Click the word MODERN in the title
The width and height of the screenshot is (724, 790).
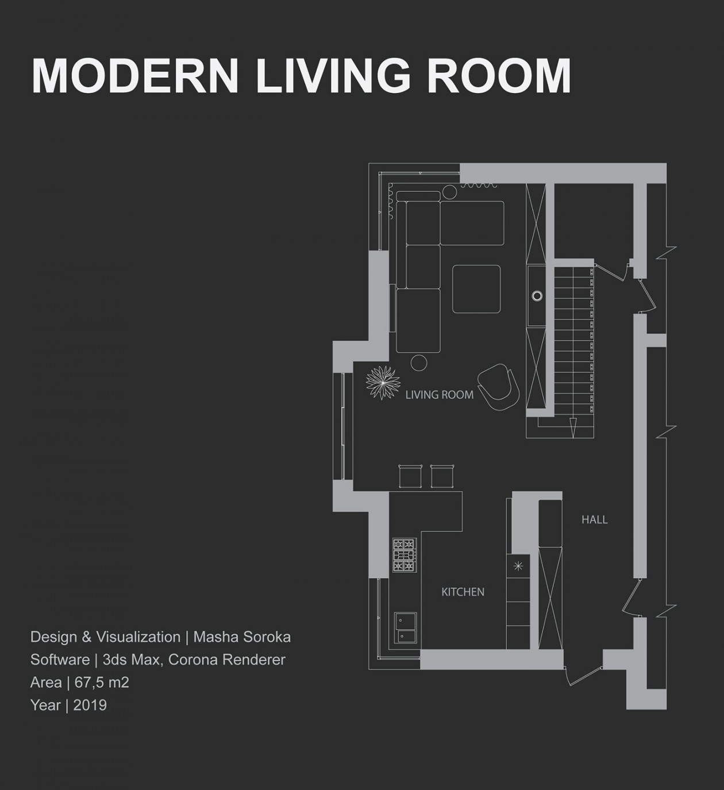135,76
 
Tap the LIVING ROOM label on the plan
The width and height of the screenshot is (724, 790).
440,395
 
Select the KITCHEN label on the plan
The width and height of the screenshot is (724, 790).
463,592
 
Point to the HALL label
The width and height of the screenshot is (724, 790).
594,520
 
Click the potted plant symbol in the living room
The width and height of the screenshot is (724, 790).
383,383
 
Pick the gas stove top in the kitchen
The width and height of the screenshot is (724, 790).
405,555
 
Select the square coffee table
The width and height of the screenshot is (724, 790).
476,289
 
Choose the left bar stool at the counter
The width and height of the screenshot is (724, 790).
411,476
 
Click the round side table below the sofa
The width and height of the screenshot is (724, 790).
419,363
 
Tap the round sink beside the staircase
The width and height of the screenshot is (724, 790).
537,295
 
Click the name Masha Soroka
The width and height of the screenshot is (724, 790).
242,637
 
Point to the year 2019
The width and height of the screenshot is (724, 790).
90,706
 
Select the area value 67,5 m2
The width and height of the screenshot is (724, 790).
102,683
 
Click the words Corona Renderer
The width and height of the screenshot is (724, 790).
227,660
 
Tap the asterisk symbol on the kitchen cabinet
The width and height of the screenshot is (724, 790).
518,567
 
